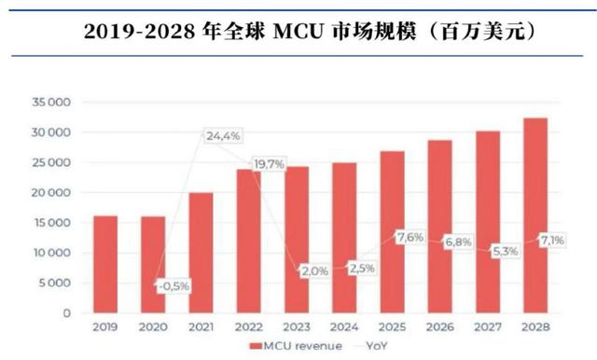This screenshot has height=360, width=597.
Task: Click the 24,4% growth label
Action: [223, 136]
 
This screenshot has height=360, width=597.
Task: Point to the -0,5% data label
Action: [174, 285]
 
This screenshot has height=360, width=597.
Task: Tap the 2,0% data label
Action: [313, 270]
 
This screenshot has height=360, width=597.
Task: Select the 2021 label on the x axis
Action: [201, 329]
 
